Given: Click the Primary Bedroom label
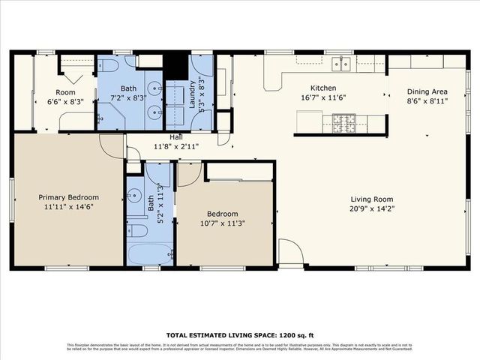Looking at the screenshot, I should (68, 197).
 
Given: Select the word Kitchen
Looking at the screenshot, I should (313, 88).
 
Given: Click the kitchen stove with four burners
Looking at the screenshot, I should (343, 121).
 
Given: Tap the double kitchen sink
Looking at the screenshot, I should (341, 64).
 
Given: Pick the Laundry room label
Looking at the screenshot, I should (192, 94).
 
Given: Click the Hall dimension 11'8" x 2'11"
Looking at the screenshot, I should (175, 147).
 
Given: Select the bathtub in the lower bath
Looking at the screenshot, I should (149, 253).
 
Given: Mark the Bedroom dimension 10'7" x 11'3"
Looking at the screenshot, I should (223, 223).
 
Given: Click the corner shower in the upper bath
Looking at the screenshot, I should (110, 116).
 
